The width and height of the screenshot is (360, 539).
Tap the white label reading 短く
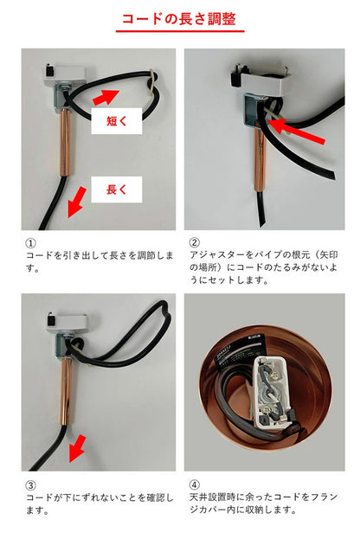(117, 122)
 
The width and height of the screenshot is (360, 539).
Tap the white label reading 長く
(117, 189)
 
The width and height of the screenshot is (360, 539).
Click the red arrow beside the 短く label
(118, 94)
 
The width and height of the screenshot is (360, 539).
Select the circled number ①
(30, 243)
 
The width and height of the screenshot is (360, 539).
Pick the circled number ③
(30, 485)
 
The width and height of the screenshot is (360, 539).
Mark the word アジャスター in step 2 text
(214, 257)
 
